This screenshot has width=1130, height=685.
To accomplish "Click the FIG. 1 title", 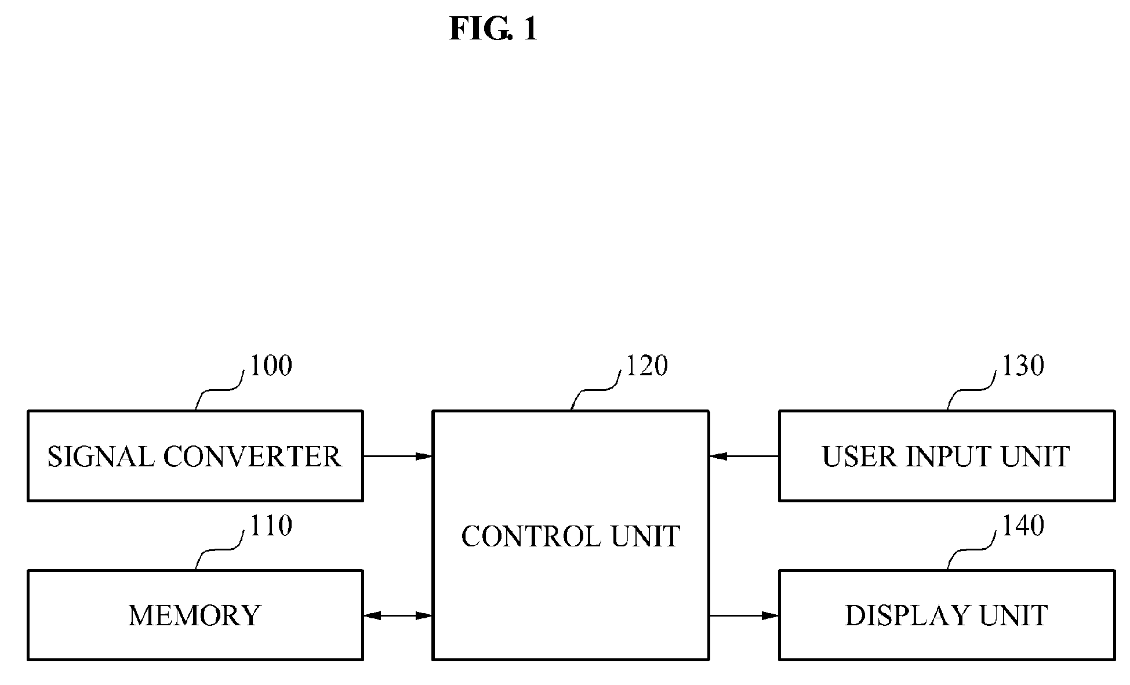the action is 493,28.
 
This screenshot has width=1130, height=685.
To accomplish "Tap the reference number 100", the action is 271,365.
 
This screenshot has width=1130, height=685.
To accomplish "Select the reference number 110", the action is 271,525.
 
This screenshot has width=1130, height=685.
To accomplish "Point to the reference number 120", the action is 646,365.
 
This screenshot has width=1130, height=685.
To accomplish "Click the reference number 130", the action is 1023,365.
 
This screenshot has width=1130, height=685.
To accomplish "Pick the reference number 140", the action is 1023,525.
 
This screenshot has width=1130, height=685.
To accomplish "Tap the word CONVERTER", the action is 252,456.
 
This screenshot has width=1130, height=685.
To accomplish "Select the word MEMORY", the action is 195,615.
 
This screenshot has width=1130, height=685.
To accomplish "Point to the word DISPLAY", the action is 908,615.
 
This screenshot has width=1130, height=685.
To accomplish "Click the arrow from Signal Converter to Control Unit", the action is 398,456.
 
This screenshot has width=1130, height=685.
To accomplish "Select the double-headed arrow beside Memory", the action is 398,615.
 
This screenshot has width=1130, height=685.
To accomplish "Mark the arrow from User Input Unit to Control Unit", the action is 744,456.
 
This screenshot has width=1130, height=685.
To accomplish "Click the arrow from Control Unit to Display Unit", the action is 744,615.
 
